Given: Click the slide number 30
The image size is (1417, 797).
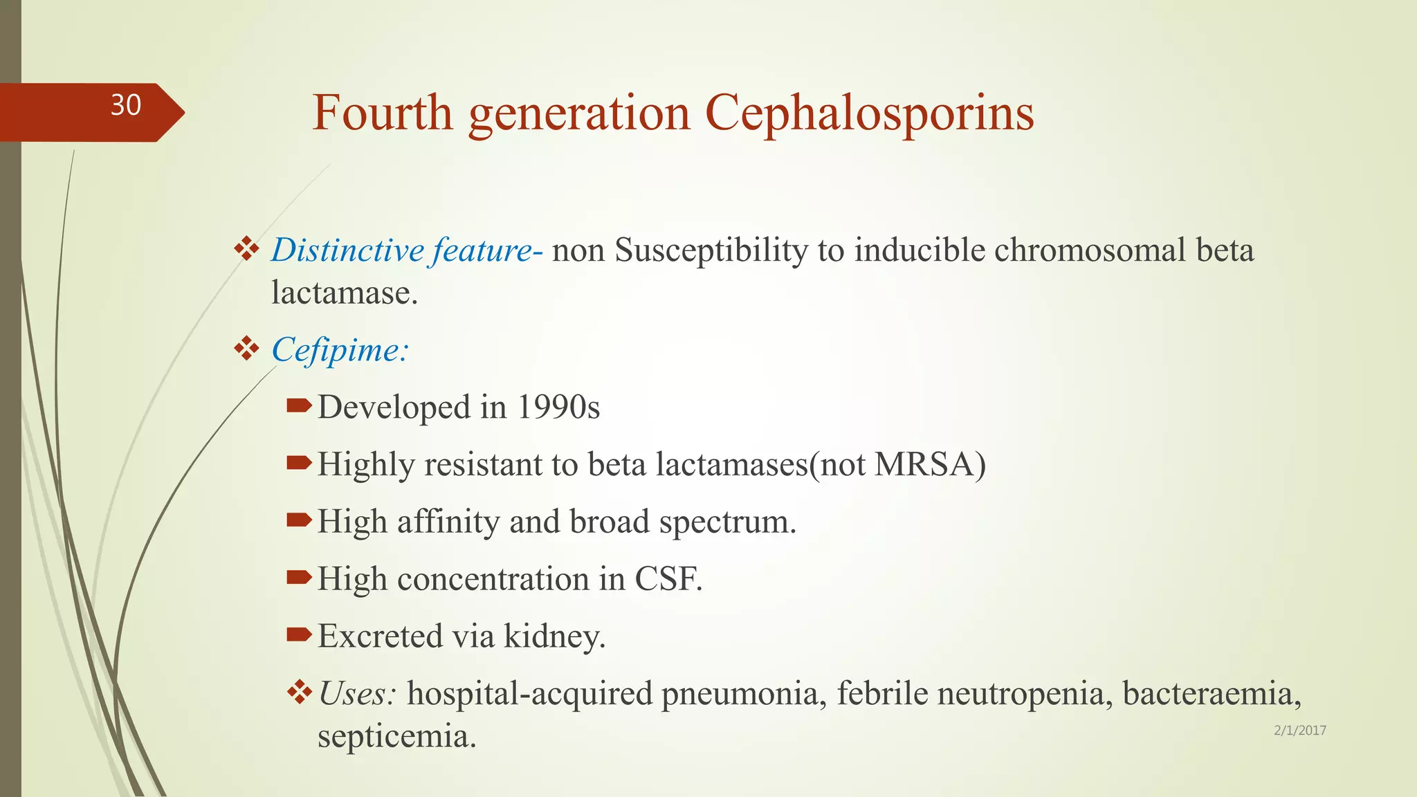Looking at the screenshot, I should [126, 105].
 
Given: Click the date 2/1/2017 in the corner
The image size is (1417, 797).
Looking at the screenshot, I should [1299, 731].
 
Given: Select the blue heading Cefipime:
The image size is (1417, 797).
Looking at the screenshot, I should [340, 350].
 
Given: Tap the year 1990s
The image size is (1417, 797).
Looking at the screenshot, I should [558, 407].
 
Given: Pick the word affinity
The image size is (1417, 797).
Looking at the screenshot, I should [448, 522].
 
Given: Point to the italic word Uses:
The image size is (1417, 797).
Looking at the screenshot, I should [357, 693].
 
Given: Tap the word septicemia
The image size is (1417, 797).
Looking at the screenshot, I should [396, 736].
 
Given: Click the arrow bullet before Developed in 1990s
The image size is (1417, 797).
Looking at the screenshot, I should [299, 405].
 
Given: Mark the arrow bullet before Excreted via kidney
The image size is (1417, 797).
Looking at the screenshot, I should [299, 634].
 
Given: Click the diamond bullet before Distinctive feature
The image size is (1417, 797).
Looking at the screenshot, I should [246, 248].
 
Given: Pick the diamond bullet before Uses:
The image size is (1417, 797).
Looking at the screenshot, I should [300, 691].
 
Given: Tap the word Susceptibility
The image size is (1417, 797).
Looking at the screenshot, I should [711, 251].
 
